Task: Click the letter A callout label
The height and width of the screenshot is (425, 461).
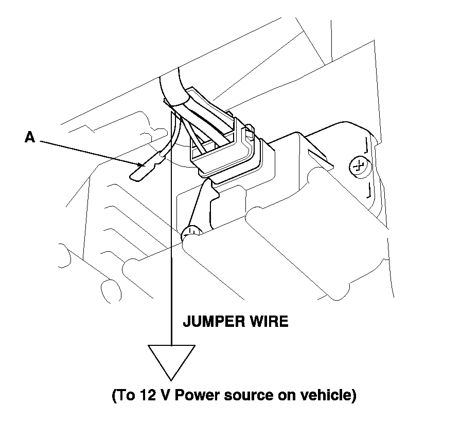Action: [29, 138]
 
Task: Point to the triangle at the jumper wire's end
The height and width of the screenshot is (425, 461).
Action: [171, 360]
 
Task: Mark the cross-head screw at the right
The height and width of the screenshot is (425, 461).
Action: [357, 166]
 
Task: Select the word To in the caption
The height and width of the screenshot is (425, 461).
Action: [122, 396]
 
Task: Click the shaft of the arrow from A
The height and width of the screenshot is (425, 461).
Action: [87, 152]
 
